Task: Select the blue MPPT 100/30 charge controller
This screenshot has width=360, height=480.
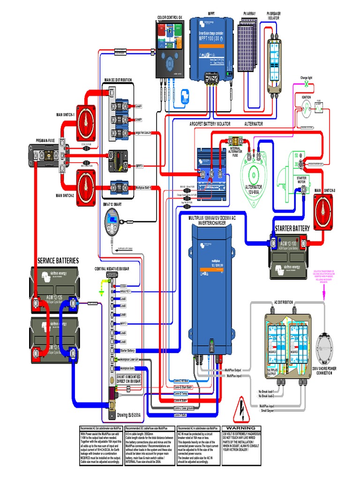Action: point(214,47)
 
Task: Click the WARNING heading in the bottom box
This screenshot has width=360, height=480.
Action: point(241,428)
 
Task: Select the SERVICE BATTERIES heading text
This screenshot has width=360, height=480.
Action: point(58,261)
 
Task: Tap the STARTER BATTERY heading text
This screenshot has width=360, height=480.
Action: point(292,228)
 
